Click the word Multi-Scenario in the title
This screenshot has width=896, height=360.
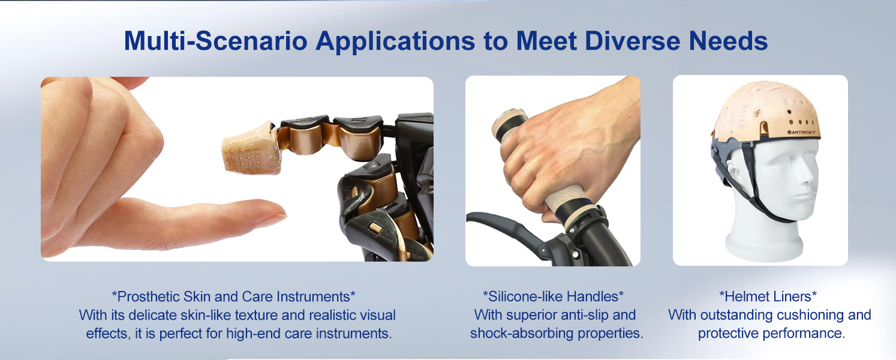(215, 41)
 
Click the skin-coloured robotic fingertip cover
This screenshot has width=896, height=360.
(251, 148)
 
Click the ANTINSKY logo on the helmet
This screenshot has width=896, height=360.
(801, 132)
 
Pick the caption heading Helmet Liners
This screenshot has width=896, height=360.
(768, 296)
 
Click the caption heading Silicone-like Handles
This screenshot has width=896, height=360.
(553, 296)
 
